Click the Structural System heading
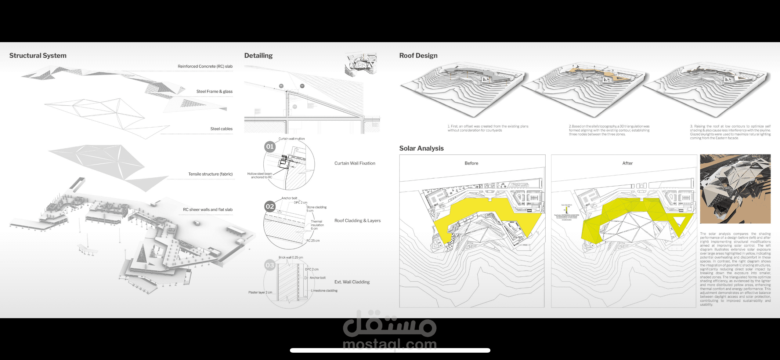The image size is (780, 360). tap(38, 56)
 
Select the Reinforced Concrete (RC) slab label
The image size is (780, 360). tap(205, 66)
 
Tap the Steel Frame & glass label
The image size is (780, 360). tap(214, 91)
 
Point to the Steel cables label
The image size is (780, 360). tap(221, 129)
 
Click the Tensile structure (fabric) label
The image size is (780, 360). tap(210, 174)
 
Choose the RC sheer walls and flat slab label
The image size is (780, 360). tap(208, 209)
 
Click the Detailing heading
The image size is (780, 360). tap(258, 56)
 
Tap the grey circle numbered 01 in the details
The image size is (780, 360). tap(270, 147)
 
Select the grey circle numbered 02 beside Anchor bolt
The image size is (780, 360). tap(270, 206)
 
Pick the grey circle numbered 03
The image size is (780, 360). tap(270, 265)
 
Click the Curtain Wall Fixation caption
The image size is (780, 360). tap(355, 163)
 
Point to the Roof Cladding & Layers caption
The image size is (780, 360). tap(357, 220)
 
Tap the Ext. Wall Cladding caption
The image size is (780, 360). tap(352, 282)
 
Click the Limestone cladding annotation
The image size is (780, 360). tap(324, 291)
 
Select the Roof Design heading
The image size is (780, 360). tap(418, 56)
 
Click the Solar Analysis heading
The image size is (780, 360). tap(421, 148)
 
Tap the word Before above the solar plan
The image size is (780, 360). tap(471, 163)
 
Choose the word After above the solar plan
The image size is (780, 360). tap(627, 163)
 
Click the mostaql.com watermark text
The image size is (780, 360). tap(390, 344)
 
